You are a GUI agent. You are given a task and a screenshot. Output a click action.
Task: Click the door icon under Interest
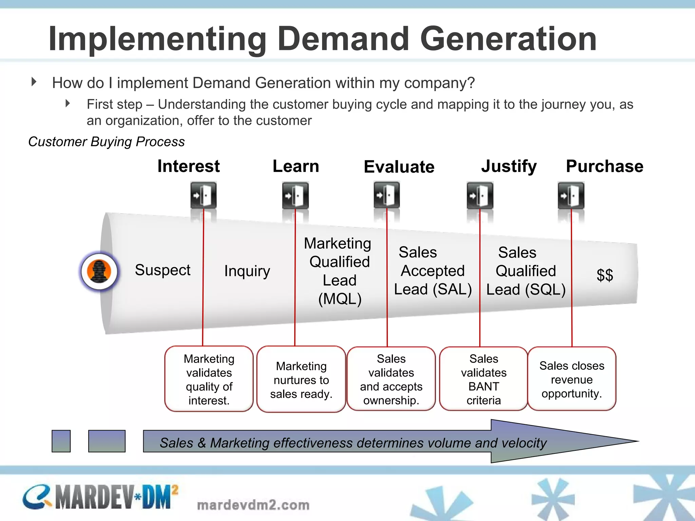point(203,195)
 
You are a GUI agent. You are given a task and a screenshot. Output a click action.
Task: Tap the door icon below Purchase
point(571,195)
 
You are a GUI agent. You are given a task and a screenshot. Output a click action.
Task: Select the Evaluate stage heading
point(399,167)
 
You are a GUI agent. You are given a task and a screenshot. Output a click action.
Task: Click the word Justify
point(509,167)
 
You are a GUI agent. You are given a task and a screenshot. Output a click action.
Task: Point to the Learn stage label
point(296,166)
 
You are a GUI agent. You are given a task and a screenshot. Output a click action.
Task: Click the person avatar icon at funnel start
point(99,271)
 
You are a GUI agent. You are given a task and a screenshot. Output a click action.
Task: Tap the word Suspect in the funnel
point(163,270)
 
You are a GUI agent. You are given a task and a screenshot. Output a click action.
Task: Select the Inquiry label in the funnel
point(247,271)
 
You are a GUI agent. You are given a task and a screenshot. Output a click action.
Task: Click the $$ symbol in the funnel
point(605,275)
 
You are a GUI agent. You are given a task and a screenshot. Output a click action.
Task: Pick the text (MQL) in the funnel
point(340,299)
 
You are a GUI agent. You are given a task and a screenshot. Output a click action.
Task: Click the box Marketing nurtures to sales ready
point(301,380)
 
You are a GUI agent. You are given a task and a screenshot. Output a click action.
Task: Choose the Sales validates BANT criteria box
point(483,379)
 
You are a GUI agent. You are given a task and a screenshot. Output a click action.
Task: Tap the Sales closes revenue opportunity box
point(572,379)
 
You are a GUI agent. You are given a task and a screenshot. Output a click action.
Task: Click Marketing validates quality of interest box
point(209,379)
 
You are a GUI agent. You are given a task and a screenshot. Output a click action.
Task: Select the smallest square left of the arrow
point(61,441)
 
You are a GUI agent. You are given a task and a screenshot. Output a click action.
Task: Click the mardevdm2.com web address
point(253,505)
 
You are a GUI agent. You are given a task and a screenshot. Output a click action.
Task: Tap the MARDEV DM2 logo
point(100,497)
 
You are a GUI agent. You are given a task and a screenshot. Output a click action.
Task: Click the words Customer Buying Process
point(107,142)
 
